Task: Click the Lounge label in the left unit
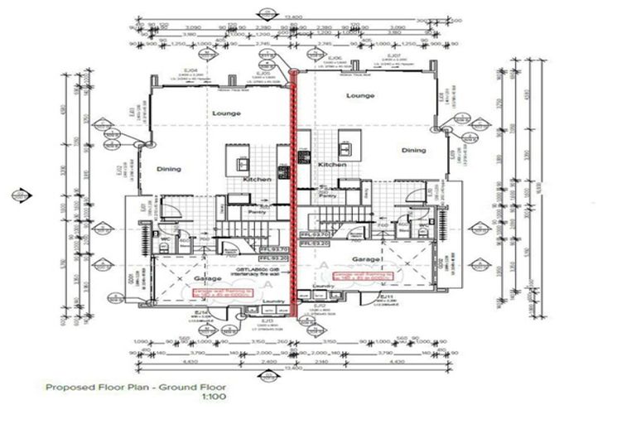pos(225,113)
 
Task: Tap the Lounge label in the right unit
pos(360,96)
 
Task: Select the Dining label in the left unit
pos(168,169)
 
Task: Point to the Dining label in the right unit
pos(413,151)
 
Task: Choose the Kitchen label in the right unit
pos(332,165)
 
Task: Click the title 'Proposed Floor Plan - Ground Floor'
pos(135,387)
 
